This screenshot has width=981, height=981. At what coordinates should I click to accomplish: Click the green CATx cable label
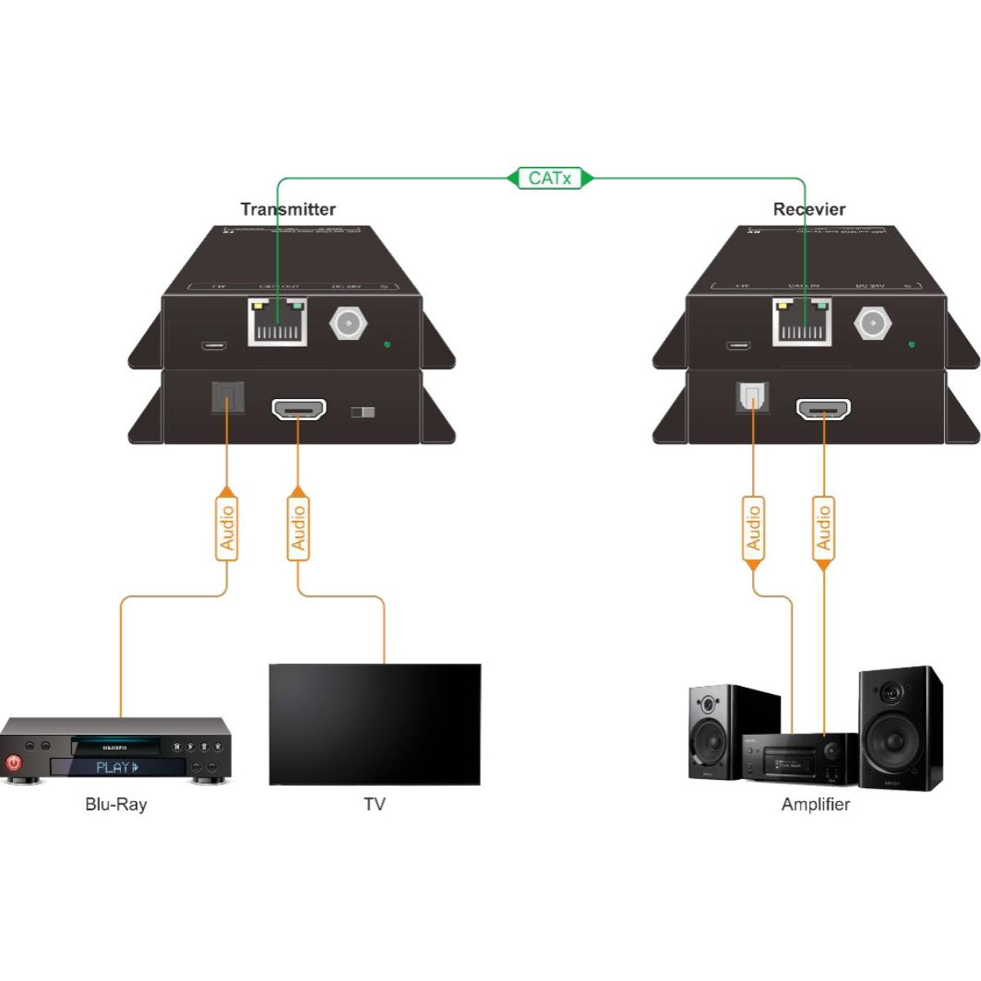(549, 177)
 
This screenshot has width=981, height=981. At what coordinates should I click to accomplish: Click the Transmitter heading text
(288, 209)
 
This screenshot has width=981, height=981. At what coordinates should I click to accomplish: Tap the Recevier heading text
(809, 209)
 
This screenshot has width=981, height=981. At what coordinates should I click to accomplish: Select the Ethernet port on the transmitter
(278, 322)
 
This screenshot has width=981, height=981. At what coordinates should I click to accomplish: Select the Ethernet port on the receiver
(802, 322)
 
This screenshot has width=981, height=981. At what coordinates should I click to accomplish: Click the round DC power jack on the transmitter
(347, 323)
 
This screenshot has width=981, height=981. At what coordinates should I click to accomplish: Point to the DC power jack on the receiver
(871, 323)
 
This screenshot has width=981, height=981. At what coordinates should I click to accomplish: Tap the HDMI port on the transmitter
(298, 410)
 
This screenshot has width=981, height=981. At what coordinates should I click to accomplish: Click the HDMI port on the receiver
(823, 410)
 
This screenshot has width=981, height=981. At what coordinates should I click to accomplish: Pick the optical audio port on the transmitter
(226, 398)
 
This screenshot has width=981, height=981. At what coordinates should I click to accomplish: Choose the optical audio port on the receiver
(751, 398)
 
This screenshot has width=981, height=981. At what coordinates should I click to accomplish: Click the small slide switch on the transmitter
(362, 411)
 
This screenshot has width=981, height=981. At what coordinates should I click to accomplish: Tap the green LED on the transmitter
(387, 344)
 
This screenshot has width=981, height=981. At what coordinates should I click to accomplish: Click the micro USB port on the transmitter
(215, 344)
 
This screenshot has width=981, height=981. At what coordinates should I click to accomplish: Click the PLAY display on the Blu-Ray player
(118, 768)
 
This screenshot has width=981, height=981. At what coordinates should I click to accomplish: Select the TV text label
(374, 804)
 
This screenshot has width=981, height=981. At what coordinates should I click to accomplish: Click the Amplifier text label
(815, 804)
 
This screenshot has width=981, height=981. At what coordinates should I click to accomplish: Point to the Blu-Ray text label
(116, 804)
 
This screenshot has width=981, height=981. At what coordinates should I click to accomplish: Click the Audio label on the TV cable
(298, 527)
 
